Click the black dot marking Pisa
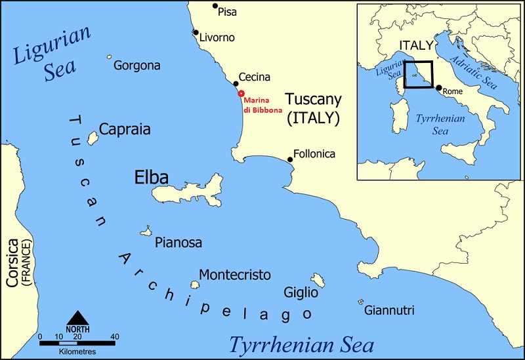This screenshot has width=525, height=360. (x=215, y=7)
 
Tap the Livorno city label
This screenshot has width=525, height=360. (x=216, y=37)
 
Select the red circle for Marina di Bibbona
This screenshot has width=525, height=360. (x=241, y=94)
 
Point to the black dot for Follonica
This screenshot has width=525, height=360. (x=290, y=159)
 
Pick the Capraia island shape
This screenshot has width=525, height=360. (x=93, y=136)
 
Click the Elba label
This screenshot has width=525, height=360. (x=151, y=178)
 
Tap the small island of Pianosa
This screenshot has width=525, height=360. (x=146, y=231)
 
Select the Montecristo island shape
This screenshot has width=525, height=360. (x=195, y=285)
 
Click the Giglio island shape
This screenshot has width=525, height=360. (x=319, y=280)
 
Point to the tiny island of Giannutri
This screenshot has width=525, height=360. (x=360, y=302)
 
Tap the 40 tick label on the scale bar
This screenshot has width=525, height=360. (x=115, y=337)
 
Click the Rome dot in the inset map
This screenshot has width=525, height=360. (x=438, y=87)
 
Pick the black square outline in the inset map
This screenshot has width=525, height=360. (x=419, y=75)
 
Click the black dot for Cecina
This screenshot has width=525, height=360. (x=236, y=84)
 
